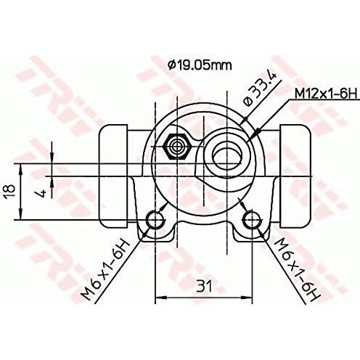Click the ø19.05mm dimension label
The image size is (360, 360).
(x=200, y=65)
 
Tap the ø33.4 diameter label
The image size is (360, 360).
(x=260, y=89)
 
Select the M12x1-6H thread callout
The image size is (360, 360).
(x=326, y=94)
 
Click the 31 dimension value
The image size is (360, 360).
(x=204, y=286)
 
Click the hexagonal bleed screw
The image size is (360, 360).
(x=177, y=147)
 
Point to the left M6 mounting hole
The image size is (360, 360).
(x=155, y=220)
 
